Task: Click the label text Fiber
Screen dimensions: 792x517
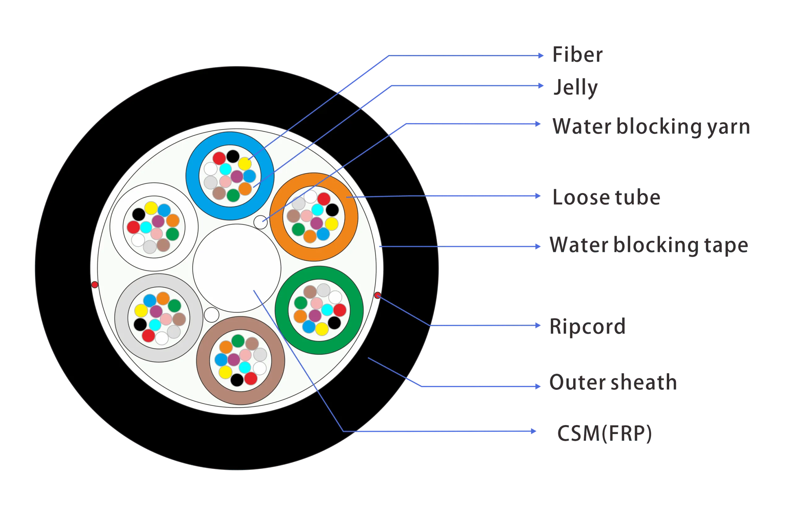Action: pos(577,54)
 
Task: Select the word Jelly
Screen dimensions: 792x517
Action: pos(575,88)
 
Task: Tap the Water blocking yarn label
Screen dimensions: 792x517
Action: pos(651,127)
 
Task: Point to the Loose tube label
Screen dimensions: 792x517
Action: pos(606,198)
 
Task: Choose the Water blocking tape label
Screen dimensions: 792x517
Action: pos(649,245)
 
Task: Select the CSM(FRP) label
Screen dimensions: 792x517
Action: pos(605,433)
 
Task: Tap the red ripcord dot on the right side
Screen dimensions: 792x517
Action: pos(378,295)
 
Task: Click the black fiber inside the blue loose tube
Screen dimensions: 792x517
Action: pos(233,156)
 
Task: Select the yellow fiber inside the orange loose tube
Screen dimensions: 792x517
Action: pos(332,224)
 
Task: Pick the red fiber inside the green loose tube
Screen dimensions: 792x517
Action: pos(340,310)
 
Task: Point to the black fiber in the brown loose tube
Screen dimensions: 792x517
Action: pos(237,380)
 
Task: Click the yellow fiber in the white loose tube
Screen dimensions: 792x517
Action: pos(151,208)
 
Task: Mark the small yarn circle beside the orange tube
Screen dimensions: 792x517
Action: pos(260,222)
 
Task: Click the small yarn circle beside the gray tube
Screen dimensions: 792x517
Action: pos(212,315)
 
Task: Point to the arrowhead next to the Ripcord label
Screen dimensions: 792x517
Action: pos(538,325)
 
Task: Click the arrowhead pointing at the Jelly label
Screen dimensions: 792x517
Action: pos(541,85)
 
